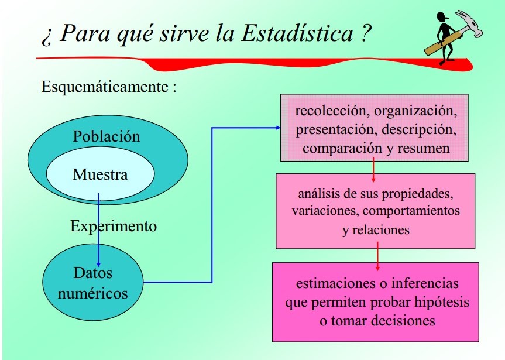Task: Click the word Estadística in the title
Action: tap(297, 33)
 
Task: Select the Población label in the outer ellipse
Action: tap(107, 136)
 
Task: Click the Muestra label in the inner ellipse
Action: tap(100, 174)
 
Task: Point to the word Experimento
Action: tap(114, 227)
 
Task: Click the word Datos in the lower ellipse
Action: tap(93, 273)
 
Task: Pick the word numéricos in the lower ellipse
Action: tap(93, 293)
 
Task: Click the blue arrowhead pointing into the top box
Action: tap(279, 128)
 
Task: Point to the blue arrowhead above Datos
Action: tap(98, 264)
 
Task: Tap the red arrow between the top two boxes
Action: tap(373, 170)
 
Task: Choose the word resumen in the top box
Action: tap(424, 149)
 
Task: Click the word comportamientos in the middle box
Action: tap(411, 211)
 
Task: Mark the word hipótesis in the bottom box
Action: tap(442, 303)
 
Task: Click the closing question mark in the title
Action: tap(366, 33)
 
